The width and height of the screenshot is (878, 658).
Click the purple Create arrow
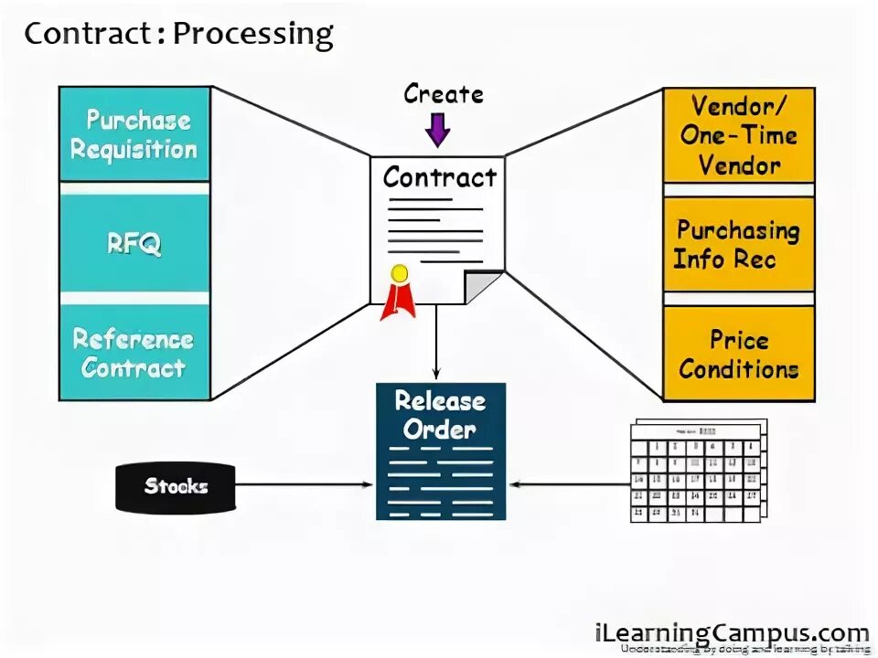438,129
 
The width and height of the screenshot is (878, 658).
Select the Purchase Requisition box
134,134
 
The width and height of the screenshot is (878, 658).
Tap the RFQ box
134,243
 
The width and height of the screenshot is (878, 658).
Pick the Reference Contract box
134,353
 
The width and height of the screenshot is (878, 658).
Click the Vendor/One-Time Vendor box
738,135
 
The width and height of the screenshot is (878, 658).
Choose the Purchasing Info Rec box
738,244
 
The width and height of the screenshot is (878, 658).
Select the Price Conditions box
738,354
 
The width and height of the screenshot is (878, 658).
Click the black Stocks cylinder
175,487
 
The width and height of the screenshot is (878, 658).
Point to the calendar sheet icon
697,472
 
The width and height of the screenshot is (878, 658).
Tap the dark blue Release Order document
440,451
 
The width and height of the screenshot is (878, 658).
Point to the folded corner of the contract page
484,286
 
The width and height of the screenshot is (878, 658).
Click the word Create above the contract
444,94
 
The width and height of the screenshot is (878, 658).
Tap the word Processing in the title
252,35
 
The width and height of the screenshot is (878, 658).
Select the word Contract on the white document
439,176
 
